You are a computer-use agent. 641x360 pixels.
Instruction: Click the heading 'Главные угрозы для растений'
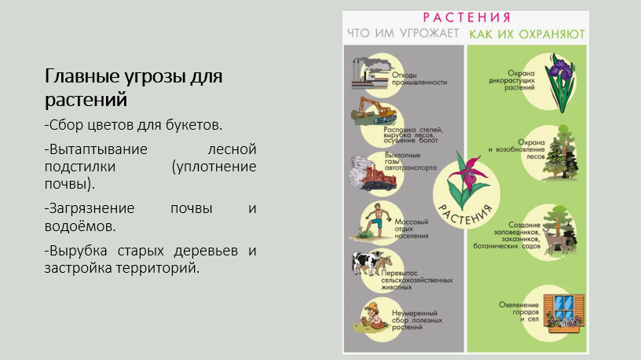[x=134, y=87]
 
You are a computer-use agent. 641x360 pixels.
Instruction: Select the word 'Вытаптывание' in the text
[x=96, y=149]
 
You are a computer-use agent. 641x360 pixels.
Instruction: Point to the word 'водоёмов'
[x=80, y=226]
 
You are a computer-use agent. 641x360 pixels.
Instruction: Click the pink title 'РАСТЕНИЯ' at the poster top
[x=467, y=17]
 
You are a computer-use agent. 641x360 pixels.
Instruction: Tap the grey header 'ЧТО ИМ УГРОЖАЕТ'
[x=403, y=33]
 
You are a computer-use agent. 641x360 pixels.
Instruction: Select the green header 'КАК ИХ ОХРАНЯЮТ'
[x=527, y=34]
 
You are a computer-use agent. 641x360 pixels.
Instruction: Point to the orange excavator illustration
[x=374, y=111]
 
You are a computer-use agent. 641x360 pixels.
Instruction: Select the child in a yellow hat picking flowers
[x=372, y=316]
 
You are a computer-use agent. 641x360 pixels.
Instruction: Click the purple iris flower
[x=560, y=82]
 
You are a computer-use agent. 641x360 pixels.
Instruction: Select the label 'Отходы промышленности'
[x=419, y=79]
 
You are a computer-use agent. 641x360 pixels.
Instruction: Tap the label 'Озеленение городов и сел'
[x=518, y=312]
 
